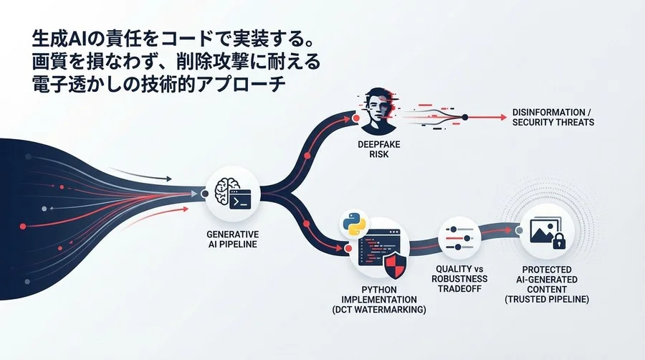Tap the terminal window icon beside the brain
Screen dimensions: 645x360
pyautogui.click(x=240, y=199)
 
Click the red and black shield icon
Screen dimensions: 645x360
pyautogui.click(x=394, y=265)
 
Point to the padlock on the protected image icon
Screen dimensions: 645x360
pyautogui.click(x=558, y=241)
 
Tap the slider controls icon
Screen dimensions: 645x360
pyautogui.click(x=459, y=238)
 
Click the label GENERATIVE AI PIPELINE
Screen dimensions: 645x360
pyautogui.click(x=232, y=240)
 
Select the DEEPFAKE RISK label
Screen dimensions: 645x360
pyautogui.click(x=379, y=149)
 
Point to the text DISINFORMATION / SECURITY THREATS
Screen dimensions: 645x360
pyautogui.click(x=553, y=118)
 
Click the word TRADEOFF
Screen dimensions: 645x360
pyautogui.click(x=459, y=288)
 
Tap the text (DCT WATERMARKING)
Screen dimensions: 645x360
pyautogui.click(x=379, y=309)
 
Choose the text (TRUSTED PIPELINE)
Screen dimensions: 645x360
pyautogui.click(x=547, y=299)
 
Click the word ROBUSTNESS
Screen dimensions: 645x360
pyautogui.click(x=459, y=278)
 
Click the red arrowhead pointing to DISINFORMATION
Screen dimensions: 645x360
pyautogui.click(x=504, y=118)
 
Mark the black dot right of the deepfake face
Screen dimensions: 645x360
pyautogui.click(x=465, y=118)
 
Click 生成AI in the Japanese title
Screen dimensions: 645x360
pyautogui.click(x=54, y=39)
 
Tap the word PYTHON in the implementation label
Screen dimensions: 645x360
pyautogui.click(x=379, y=290)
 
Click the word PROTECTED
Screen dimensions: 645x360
pyautogui.click(x=547, y=270)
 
